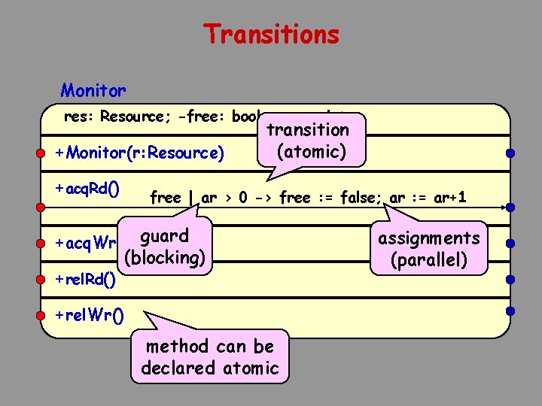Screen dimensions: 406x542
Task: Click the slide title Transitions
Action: click(271, 35)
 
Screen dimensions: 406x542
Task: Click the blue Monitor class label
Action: click(93, 91)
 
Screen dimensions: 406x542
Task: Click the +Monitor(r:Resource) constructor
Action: click(140, 153)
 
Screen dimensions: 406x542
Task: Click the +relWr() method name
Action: click(87, 314)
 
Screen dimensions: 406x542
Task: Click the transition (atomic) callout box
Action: click(312, 141)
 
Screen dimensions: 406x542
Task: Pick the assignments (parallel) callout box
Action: click(428, 249)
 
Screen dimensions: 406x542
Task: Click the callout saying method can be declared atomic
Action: click(210, 357)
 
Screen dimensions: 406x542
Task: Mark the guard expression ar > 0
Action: click(227, 198)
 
